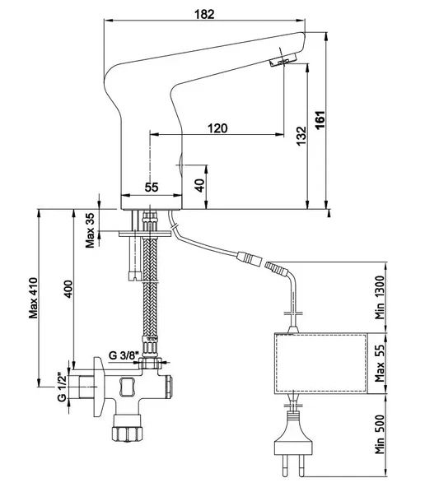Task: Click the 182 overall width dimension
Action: point(204,14)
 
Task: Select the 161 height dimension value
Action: point(320,119)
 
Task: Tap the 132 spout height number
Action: point(301,136)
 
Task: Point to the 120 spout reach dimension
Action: point(217,128)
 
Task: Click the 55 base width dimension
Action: point(152,187)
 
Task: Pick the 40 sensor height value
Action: point(200,185)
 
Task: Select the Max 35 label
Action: point(90,230)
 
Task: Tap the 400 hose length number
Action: point(68,290)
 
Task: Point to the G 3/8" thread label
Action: point(123,355)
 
